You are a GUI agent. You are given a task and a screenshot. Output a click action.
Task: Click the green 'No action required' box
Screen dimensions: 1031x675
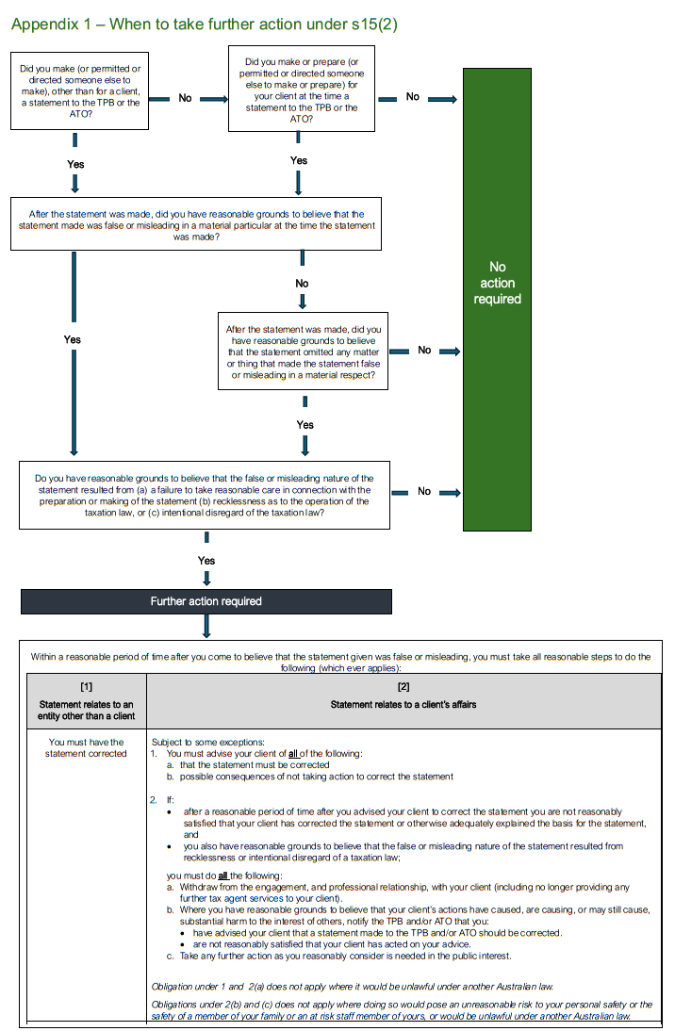(x=497, y=283)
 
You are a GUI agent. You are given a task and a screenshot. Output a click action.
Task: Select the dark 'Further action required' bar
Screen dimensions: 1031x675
(x=206, y=601)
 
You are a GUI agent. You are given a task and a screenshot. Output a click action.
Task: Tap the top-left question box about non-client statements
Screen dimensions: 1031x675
(x=80, y=90)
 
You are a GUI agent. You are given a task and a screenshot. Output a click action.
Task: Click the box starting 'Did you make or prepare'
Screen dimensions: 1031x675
(x=301, y=90)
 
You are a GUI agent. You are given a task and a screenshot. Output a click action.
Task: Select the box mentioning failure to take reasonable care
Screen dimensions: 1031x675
(x=204, y=495)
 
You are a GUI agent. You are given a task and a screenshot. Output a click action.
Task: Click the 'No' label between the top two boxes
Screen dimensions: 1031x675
(x=186, y=97)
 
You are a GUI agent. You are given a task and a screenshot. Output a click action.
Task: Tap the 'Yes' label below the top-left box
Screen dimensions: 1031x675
(x=75, y=164)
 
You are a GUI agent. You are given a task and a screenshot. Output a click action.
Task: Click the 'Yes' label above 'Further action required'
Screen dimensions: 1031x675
(x=206, y=561)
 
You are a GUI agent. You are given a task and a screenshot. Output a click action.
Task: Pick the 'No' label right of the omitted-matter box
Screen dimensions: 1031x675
(x=424, y=351)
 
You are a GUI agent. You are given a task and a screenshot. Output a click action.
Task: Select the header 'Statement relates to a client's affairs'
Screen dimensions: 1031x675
(x=403, y=704)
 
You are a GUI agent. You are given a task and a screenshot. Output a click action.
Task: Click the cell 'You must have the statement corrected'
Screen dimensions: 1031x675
(x=86, y=747)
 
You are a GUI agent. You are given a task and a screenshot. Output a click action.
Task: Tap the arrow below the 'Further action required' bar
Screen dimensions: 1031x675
(x=206, y=626)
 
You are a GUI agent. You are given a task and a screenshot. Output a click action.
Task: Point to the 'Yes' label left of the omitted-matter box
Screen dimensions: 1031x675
(x=73, y=339)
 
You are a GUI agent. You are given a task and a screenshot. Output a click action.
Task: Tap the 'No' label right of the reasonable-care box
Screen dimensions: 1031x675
(x=424, y=492)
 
